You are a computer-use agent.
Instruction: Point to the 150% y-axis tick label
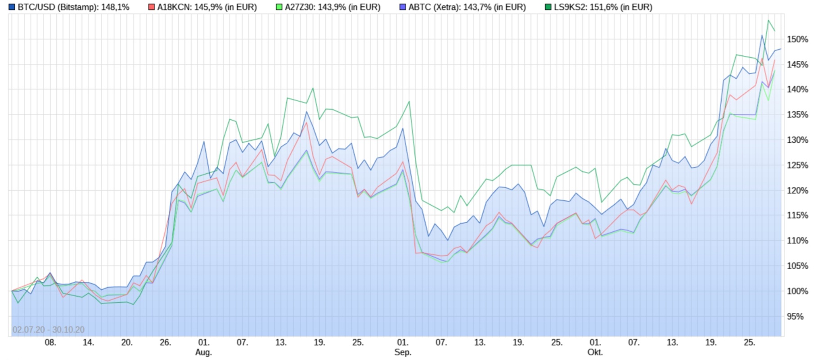pos(797,40)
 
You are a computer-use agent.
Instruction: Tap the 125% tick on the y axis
pos(797,166)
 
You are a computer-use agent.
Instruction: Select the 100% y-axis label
pos(797,292)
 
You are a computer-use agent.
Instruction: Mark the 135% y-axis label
pos(797,115)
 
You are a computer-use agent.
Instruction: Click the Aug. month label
pos(203,352)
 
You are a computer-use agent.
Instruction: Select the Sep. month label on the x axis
pos(403,352)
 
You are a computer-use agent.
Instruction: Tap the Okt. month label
pos(595,352)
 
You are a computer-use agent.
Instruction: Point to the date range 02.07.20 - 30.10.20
pos(49,330)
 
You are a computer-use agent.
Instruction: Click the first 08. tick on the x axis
pos(50,342)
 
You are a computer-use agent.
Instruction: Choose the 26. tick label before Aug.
pos(165,342)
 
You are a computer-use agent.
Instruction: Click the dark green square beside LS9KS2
pos(548,7)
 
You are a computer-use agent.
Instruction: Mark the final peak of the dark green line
pos(769,20)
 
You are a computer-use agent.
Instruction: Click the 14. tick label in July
pos(88,342)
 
